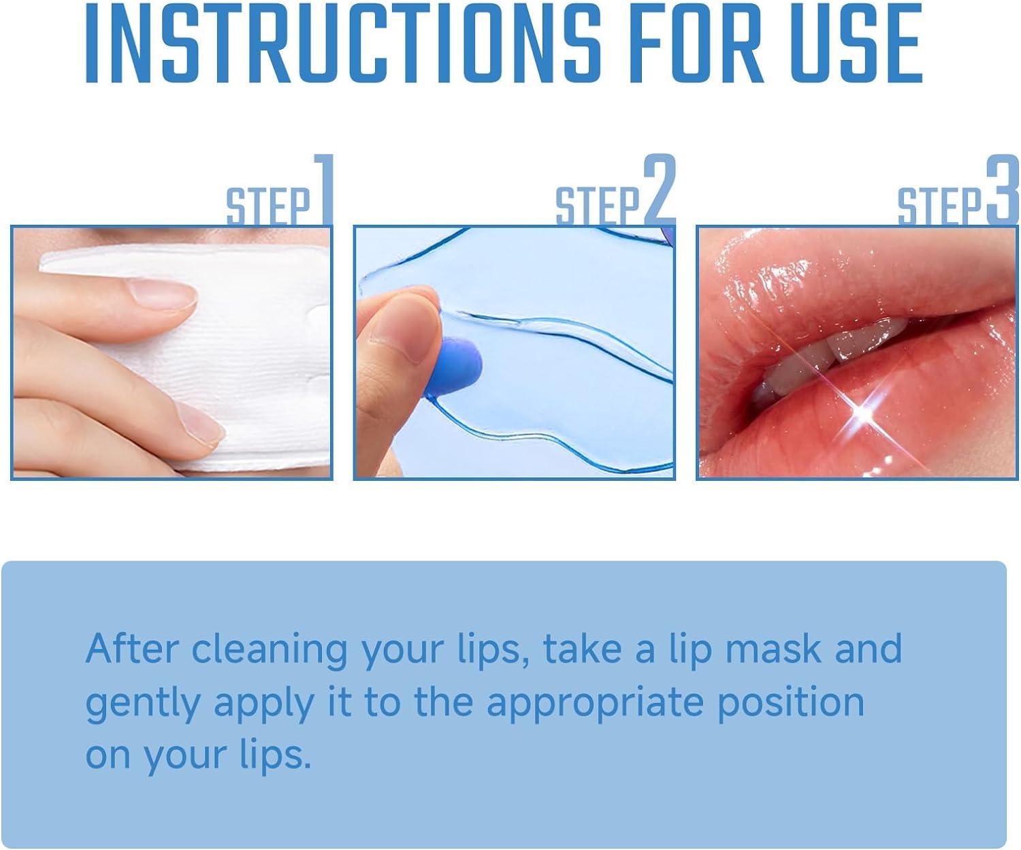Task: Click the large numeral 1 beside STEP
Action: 323,189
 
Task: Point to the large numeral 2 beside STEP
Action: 659,189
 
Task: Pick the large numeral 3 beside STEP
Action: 1002,189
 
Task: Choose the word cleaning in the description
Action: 270,648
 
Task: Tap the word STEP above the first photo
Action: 268,206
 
